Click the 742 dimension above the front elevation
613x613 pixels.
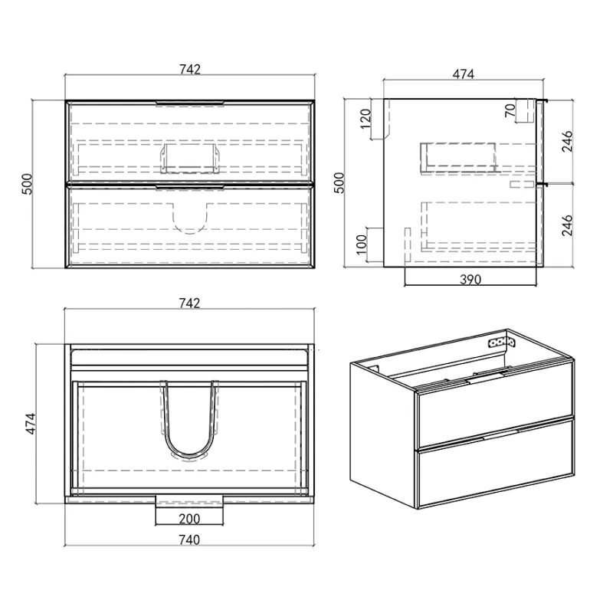pyautogui.click(x=190, y=69)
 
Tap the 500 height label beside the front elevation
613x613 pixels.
pyautogui.click(x=27, y=184)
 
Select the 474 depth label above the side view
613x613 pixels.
pyautogui.click(x=464, y=74)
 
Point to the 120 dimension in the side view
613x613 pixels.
pyautogui.click(x=366, y=119)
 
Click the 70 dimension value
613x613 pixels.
pyautogui.click(x=510, y=110)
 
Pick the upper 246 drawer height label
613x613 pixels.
pyautogui.click(x=567, y=141)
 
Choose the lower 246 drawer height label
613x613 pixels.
pyautogui.click(x=567, y=225)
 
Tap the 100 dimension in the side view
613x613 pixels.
pyautogui.click(x=362, y=244)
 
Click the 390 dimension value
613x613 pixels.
pyautogui.click(x=470, y=280)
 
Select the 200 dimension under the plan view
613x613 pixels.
pyautogui.click(x=189, y=519)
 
